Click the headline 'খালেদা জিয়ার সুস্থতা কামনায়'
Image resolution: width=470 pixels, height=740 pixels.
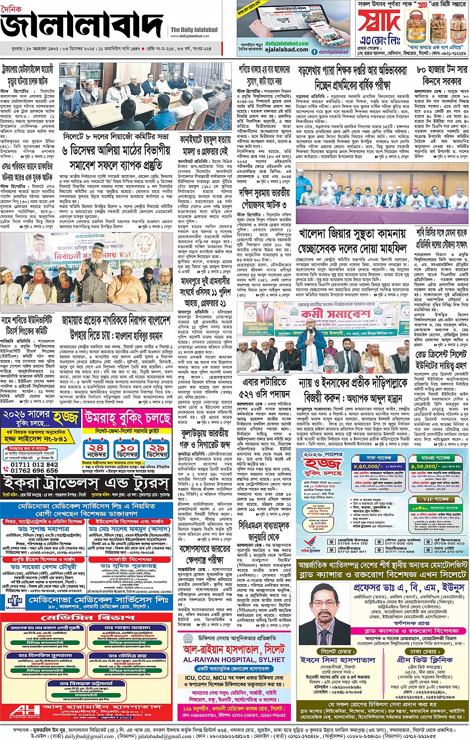coord(352,233)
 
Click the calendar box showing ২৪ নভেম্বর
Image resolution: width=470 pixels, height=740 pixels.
coord(95,451)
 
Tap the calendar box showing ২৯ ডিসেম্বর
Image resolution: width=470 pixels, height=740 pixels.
coord(157,451)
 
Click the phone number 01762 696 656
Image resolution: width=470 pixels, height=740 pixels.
coord(34,470)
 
